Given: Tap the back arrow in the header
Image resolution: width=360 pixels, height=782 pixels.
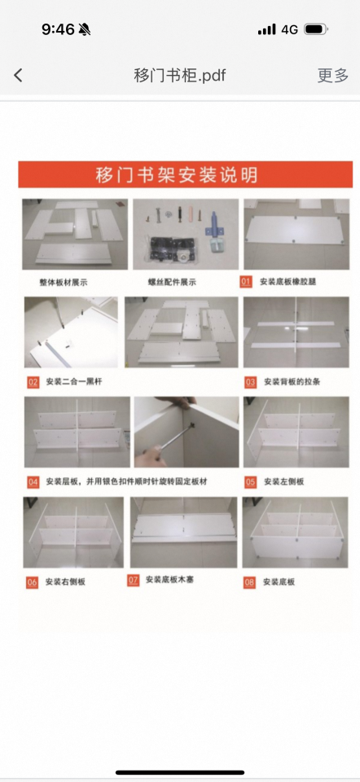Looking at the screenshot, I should pyautogui.click(x=18, y=76).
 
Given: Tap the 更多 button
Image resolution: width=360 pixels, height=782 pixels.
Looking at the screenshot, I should pyautogui.click(x=332, y=76).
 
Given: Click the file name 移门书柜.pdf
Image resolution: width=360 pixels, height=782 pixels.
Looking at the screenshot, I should pyautogui.click(x=180, y=76).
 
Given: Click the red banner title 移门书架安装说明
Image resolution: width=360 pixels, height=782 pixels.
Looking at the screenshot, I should pyautogui.click(x=177, y=174).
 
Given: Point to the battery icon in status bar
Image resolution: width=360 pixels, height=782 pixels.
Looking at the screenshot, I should pyautogui.click(x=315, y=29).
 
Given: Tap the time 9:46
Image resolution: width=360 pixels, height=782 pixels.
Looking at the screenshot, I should pyautogui.click(x=58, y=29).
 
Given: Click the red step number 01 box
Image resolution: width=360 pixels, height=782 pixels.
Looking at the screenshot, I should pyautogui.click(x=246, y=282).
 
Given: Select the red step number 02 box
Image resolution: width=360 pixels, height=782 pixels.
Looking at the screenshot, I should pyautogui.click(x=33, y=381).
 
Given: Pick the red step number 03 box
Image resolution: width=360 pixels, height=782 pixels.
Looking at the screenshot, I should pyautogui.click(x=250, y=381).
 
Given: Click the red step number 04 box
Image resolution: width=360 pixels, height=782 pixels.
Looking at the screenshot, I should pyautogui.click(x=33, y=481).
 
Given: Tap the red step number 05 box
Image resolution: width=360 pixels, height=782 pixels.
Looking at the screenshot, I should pyautogui.click(x=250, y=481).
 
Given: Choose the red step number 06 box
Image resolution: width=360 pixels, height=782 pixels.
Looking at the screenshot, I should pyautogui.click(x=33, y=582).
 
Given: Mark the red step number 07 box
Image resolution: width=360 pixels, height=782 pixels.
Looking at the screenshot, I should pyautogui.click(x=134, y=580).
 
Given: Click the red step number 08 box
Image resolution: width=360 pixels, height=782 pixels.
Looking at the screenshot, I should pyautogui.click(x=249, y=582).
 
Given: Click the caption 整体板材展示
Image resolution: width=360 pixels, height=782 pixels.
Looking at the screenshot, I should pyautogui.click(x=64, y=282).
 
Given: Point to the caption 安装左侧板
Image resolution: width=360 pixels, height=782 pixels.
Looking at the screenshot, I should pyautogui.click(x=283, y=481).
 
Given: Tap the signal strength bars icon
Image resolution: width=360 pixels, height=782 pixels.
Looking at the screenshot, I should pyautogui.click(x=266, y=29).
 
